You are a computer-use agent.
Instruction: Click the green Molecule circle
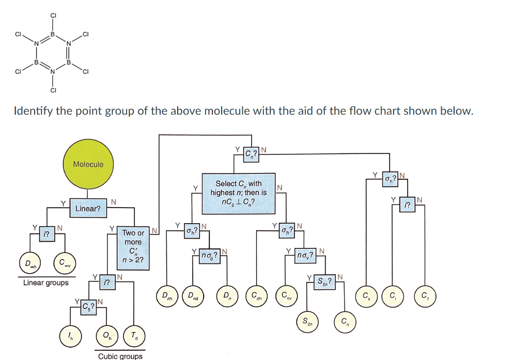(x=88, y=165)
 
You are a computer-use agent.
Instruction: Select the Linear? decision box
(x=88, y=209)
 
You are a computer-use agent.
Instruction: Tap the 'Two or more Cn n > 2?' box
(x=133, y=248)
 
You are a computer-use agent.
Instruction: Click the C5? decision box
(x=88, y=307)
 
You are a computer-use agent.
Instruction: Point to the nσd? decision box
(x=210, y=255)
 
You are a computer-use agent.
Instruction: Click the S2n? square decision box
(x=323, y=282)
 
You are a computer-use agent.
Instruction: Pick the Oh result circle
(x=107, y=336)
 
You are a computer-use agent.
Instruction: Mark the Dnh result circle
(x=166, y=296)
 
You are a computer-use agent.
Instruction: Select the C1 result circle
(x=425, y=296)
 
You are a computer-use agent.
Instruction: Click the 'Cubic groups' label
(x=120, y=356)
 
